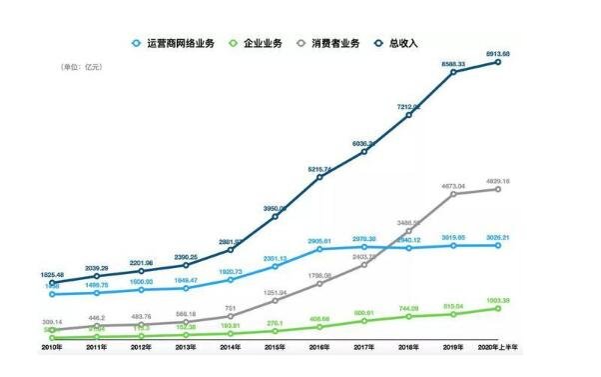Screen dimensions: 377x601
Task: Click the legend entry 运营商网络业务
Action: [179, 43]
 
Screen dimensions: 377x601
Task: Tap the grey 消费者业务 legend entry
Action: [328, 43]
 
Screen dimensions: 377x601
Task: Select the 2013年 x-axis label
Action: [185, 348]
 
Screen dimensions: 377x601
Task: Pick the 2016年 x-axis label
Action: [319, 348]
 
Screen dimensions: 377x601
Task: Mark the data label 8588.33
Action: [454, 62]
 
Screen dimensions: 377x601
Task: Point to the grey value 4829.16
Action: [499, 180]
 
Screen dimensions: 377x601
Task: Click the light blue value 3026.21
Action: [499, 237]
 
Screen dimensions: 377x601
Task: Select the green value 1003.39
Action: [499, 300]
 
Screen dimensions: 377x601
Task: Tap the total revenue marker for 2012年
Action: [141, 271]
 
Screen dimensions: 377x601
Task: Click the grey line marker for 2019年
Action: [454, 194]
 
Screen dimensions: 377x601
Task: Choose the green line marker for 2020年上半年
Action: [498, 309]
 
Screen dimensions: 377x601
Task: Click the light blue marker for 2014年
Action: [230, 279]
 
